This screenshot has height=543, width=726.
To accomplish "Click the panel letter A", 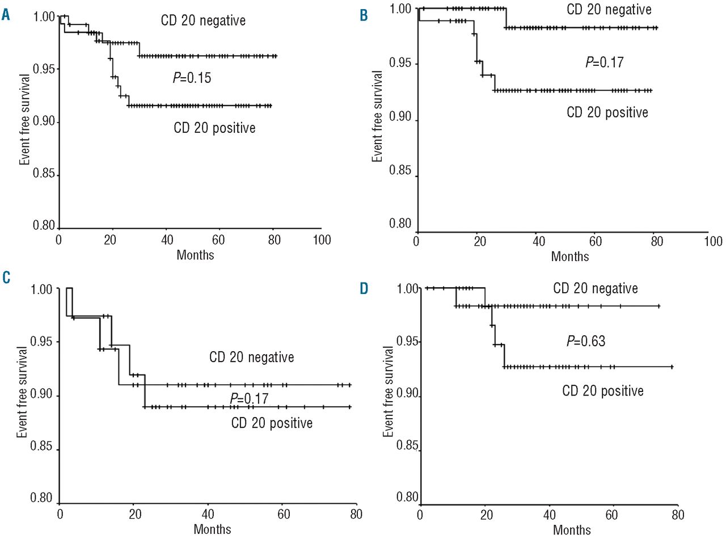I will point(6,15).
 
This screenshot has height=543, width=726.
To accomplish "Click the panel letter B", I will point(364,15).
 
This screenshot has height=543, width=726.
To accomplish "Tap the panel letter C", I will point(6,277).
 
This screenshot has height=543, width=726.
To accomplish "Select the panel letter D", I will point(364,288).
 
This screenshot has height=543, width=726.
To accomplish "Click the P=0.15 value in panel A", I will point(192,78).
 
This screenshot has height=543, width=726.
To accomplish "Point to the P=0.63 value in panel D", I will point(586,341).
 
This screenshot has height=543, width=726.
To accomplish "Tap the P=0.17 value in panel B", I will point(604,62).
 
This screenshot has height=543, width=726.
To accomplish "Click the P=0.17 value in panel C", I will point(249,398).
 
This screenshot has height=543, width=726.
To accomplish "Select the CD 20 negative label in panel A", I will point(203,21).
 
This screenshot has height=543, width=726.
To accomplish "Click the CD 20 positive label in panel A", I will point(214,128).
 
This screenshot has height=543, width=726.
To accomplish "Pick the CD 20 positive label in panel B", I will point(607,112).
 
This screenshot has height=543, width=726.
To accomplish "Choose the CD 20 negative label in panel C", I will point(251,357).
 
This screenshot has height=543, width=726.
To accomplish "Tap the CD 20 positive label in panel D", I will point(602,391).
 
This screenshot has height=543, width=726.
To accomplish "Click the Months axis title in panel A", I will point(195,255).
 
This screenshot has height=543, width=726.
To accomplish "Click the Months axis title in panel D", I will point(572,530).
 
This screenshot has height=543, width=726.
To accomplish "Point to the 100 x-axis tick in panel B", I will point(713,242).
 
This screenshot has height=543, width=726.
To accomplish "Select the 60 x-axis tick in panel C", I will point(283,514).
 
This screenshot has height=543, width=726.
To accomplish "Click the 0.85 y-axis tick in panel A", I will point(44,174).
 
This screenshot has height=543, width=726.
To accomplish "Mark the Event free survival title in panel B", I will point(377,116).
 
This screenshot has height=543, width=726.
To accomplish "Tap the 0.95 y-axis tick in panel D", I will point(408,342).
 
